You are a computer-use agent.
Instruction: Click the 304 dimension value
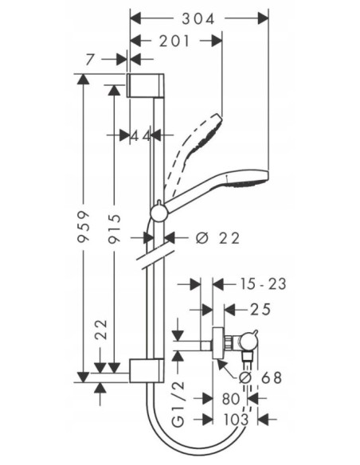point(198,17)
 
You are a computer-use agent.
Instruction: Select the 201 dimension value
point(175,41)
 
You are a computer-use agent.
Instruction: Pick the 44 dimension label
point(141,136)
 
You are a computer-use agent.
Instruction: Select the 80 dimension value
point(232,398)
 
